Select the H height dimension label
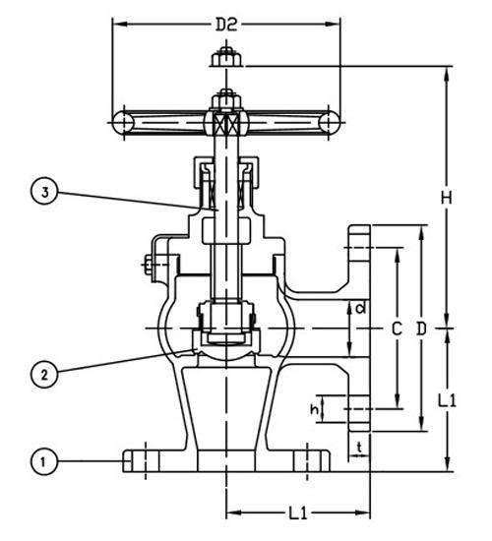click(446, 198)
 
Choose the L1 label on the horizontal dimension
click(300, 513)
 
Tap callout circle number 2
click(41, 373)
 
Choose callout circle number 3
click(41, 193)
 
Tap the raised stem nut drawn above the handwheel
click(225, 59)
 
